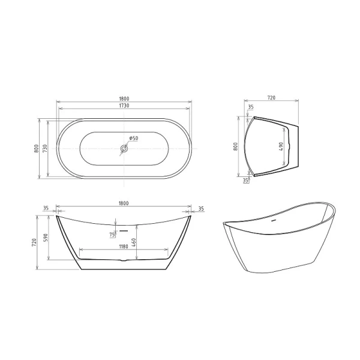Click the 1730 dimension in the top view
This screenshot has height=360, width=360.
click(125, 106)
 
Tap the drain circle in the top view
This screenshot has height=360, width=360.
click(124, 148)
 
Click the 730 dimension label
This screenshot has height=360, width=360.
click(46, 148)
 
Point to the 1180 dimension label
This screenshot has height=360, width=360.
click(124, 245)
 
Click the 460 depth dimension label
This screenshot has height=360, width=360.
click(135, 243)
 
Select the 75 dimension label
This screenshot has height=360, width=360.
click(112, 234)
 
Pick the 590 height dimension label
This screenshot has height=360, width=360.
click(45, 239)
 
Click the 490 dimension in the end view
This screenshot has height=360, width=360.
click(282, 148)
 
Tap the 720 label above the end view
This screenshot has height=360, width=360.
click(270, 97)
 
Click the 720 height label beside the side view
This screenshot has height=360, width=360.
click(37, 242)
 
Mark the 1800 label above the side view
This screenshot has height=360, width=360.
click(125, 203)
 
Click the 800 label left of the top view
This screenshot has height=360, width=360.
click(37, 148)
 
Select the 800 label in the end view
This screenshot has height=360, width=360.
click(236, 148)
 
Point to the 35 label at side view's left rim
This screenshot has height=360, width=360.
click(46, 209)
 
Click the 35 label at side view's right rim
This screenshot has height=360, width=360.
click(201, 209)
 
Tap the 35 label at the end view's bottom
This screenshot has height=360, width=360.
click(245, 179)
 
